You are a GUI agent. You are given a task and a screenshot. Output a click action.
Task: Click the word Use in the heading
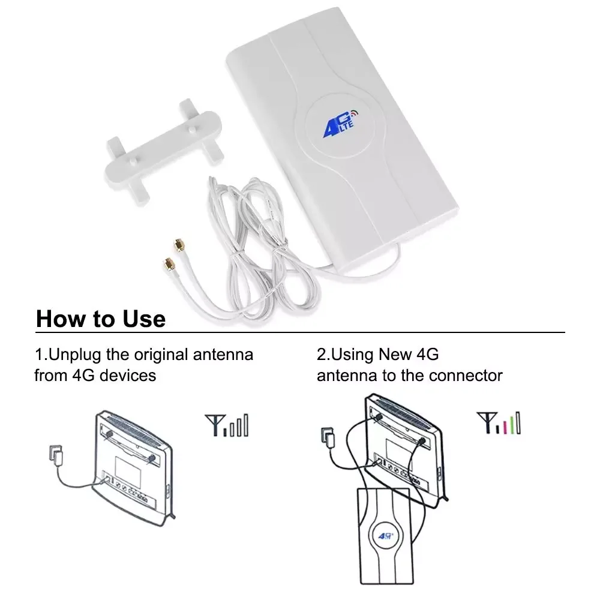coord(142,319)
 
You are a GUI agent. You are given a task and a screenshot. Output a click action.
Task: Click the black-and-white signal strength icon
coord(226,424)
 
